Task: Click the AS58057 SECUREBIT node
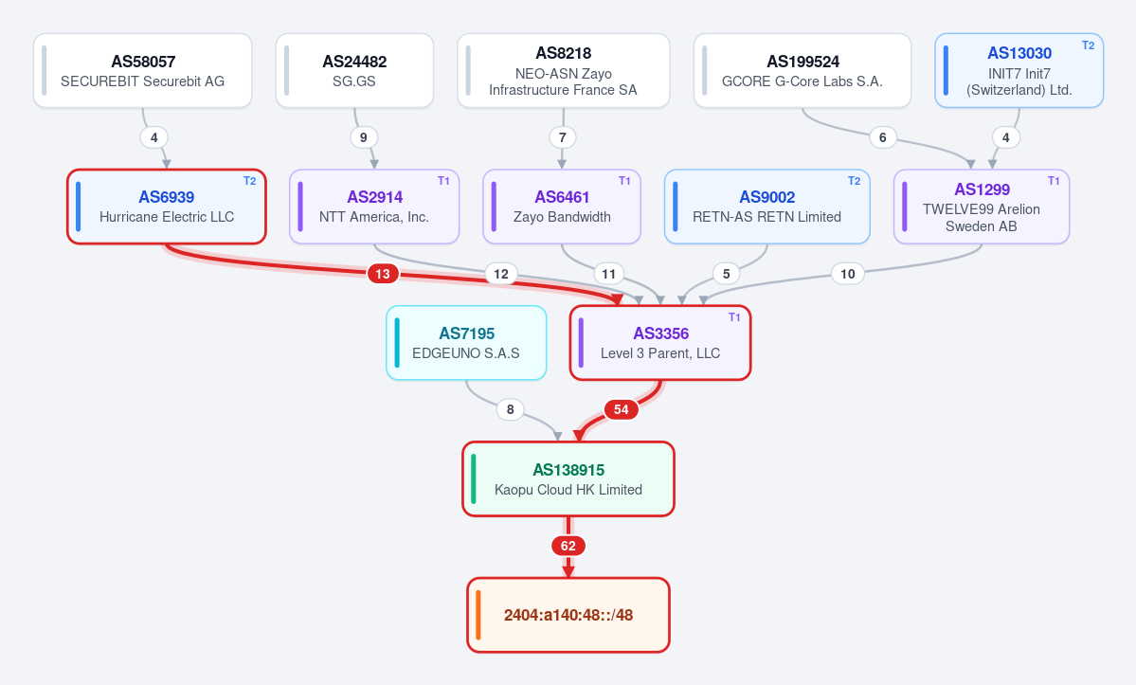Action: pos(143,71)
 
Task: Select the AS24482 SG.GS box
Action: pos(354,71)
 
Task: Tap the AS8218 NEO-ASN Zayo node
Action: pos(563,71)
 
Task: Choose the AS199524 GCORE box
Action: pos(802,71)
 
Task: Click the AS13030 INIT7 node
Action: pos(1019,71)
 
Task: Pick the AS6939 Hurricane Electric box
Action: pos(167,207)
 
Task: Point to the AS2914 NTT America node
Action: pos(374,207)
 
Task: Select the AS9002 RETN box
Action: pos(766,207)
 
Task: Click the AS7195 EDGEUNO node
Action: pos(466,343)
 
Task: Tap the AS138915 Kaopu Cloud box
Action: pos(568,479)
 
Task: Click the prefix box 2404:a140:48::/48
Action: pos(568,616)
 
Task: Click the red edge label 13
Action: pos(383,274)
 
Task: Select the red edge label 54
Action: pos(621,410)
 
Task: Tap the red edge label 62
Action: pos(568,546)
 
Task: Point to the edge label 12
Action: pos(500,274)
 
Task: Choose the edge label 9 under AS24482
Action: pos(364,137)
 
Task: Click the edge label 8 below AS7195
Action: pos(510,410)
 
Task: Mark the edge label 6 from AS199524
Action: pos(882,137)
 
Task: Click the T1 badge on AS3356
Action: pos(734,317)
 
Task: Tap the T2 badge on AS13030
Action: pos(1088,45)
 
